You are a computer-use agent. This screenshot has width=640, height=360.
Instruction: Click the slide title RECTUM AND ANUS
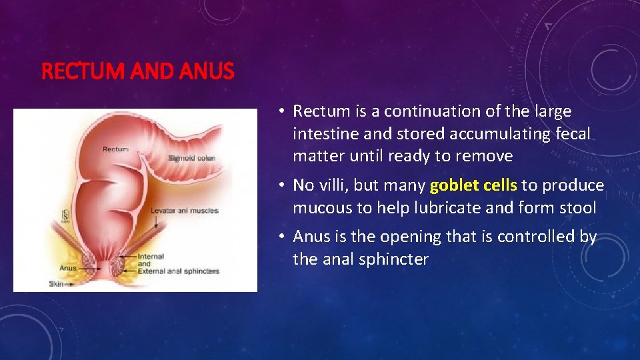138,71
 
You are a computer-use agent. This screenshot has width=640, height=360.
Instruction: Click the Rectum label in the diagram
115,149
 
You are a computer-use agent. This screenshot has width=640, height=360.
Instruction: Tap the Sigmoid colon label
191,158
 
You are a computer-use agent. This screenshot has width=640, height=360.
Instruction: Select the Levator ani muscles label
184,211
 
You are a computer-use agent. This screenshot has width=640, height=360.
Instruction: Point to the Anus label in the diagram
67,268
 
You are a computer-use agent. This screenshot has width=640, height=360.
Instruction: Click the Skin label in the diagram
56,284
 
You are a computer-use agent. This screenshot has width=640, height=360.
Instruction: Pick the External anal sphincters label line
178,271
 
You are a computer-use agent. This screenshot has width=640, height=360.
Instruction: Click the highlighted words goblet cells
474,185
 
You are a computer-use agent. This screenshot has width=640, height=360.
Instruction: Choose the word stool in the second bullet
577,207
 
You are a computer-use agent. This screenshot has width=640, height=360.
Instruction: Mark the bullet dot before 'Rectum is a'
283,111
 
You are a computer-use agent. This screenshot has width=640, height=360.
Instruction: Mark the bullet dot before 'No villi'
283,185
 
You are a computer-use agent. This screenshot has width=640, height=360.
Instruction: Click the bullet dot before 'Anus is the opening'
283,236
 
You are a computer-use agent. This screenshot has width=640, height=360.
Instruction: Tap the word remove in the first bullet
487,156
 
